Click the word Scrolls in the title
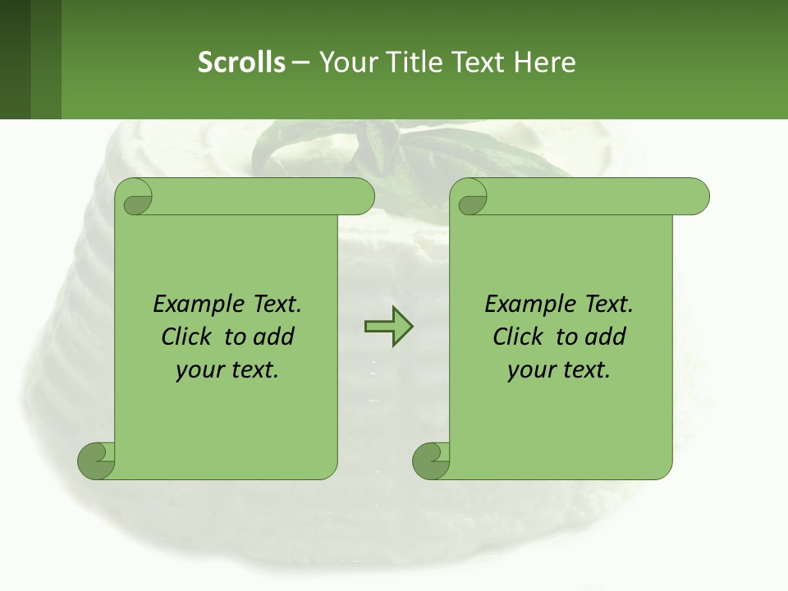(241, 62)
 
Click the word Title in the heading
(410, 62)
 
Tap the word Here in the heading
(545, 62)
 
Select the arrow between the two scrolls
(388, 327)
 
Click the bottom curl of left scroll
(95, 460)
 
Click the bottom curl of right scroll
(430, 460)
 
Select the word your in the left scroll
(197, 370)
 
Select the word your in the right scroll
(529, 370)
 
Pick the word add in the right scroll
(606, 337)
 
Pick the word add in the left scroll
(274, 337)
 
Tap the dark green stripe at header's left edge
(15, 59)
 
